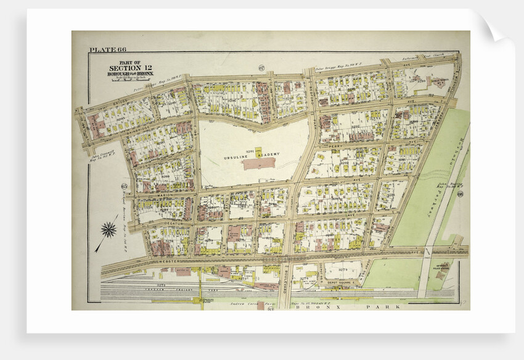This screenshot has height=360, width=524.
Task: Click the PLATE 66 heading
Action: [x=105, y=50]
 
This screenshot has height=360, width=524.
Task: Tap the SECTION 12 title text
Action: [x=125, y=68]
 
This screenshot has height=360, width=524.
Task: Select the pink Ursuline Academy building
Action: [x=259, y=163]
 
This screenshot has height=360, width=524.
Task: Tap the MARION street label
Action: [x=165, y=195]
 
